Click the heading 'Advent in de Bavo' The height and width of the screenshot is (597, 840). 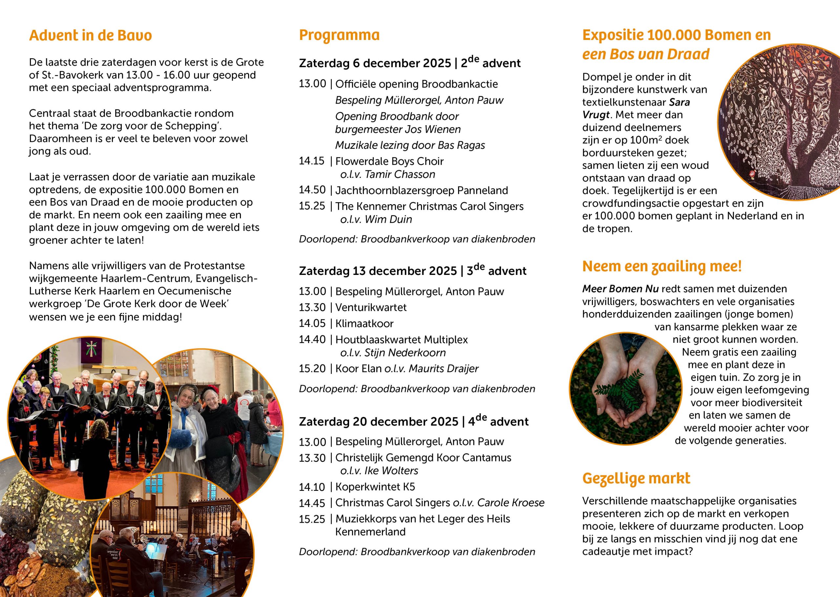click(x=90, y=36)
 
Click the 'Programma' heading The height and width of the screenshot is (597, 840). click(x=339, y=35)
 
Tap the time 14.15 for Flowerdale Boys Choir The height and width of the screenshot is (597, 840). click(x=311, y=161)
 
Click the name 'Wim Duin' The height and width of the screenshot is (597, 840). click(x=388, y=220)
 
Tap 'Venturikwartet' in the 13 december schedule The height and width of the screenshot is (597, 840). click(x=371, y=307)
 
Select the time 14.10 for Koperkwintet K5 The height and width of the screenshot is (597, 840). click(x=312, y=487)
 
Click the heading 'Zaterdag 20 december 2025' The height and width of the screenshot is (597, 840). click(x=378, y=422)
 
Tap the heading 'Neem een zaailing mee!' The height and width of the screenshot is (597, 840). click(x=661, y=266)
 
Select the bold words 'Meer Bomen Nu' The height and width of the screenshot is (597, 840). click(x=620, y=289)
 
